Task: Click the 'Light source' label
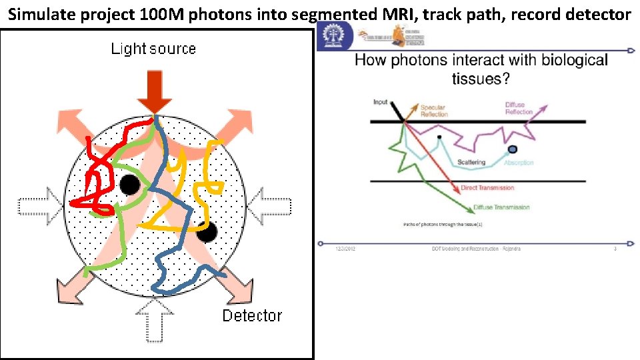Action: coord(153,49)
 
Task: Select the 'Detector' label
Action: coord(252,315)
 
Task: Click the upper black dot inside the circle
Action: coord(129,185)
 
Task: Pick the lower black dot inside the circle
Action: coord(207,232)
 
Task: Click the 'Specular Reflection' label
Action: coord(433,110)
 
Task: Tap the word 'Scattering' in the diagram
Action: coord(471,163)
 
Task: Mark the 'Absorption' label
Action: coord(519,163)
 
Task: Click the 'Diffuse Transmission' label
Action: coord(501,207)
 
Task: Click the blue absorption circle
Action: coord(512,149)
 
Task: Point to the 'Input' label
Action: coord(380,102)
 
